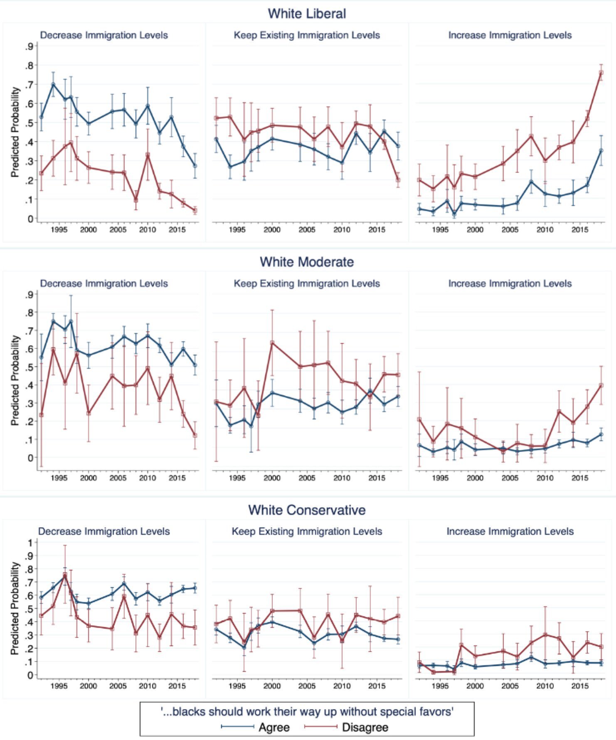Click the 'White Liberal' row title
(307, 14)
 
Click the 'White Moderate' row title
(307, 262)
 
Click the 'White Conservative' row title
(307, 510)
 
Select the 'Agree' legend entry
(274, 727)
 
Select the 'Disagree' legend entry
(365, 727)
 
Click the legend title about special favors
(307, 712)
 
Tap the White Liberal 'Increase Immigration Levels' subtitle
(510, 35)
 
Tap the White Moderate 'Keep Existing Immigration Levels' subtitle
(307, 284)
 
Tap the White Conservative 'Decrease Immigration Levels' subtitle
(104, 532)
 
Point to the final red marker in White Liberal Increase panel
(601, 73)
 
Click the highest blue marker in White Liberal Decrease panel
(53, 84)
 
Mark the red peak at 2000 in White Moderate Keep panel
(272, 343)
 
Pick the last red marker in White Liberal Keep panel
(398, 180)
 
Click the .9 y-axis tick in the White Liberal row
(29, 47)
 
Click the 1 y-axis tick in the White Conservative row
(30, 542)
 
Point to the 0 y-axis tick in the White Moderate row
(30, 458)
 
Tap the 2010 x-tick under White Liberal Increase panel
(545, 230)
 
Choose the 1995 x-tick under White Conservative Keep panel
(237, 686)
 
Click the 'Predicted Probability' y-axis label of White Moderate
(15, 380)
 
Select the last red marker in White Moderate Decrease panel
(195, 435)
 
